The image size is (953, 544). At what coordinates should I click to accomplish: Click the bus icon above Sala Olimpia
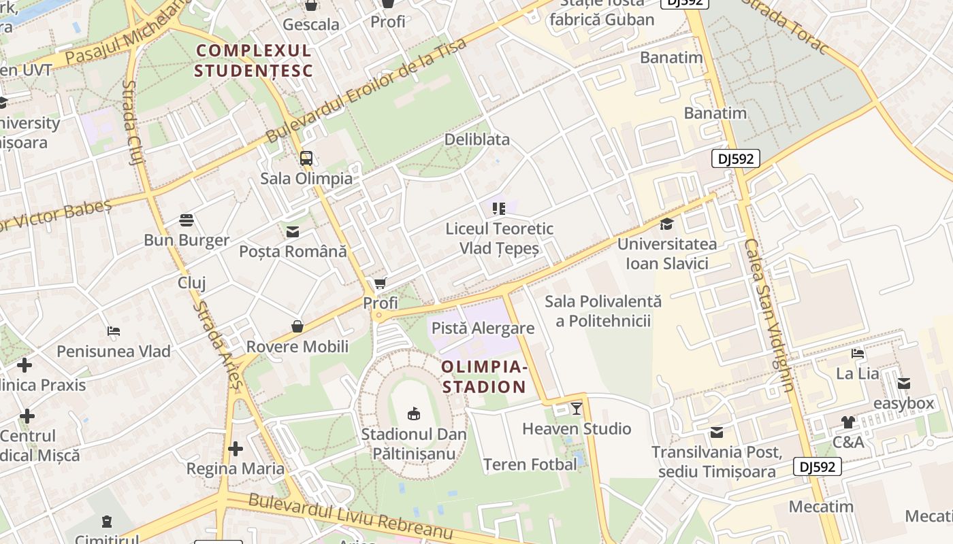coord(306,158)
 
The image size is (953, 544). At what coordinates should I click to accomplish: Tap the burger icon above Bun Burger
coord(187,220)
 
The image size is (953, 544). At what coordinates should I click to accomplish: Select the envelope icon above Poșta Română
coord(293,232)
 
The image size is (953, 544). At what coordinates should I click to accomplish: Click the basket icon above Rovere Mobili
coord(297,326)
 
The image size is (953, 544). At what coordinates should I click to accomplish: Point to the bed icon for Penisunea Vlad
coord(114,332)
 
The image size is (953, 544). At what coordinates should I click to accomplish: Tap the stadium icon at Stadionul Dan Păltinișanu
coord(413,413)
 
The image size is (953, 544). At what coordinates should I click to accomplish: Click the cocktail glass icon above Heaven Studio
coord(577,408)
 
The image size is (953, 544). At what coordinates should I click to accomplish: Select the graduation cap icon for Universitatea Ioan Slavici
coord(666,224)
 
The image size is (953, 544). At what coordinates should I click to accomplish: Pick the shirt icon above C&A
coord(847,422)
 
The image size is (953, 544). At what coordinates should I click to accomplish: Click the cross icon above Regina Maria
coord(236,449)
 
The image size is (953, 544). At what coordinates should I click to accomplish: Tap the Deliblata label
coord(476,139)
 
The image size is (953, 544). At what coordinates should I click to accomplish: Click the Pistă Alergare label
coord(483,328)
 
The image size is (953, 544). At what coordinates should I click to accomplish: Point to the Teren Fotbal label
coord(530,464)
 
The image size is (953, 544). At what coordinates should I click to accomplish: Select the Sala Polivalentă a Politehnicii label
coord(603,311)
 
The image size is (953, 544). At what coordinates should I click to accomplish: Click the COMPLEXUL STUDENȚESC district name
coord(253,61)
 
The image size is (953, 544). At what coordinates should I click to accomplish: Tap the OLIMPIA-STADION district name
coord(484,377)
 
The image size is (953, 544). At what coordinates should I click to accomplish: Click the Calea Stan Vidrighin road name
coord(769,314)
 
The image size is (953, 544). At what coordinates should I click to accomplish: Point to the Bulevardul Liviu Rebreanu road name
coord(350,517)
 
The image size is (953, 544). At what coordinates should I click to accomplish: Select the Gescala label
coord(311,24)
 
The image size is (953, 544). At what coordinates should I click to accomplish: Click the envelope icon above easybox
coord(904,384)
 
